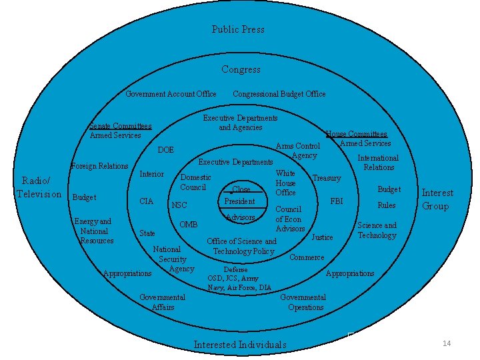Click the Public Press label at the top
click(238, 29)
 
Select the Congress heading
click(241, 69)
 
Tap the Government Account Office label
click(171, 94)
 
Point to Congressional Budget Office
click(279, 94)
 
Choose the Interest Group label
click(437, 199)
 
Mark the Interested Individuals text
click(239, 345)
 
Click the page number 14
click(447, 343)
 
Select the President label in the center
click(239, 201)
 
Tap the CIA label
click(147, 201)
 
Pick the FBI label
click(338, 201)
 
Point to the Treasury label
click(327, 178)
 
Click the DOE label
click(165, 150)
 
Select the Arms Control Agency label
click(299, 151)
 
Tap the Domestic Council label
click(195, 182)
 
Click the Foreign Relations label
click(99, 166)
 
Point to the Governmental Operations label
click(303, 302)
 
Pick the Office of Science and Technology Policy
click(241, 246)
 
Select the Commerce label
click(307, 257)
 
